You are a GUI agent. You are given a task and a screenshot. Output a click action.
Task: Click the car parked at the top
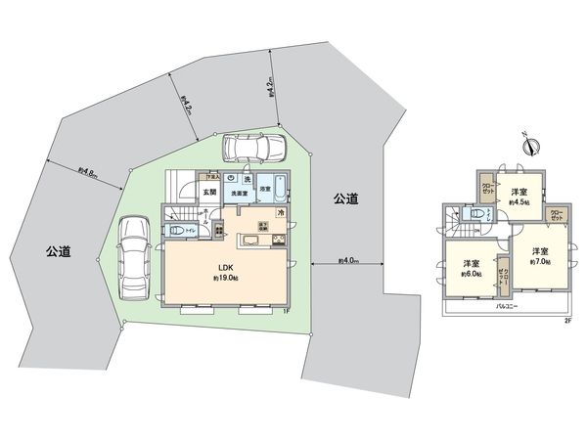pos(250,148)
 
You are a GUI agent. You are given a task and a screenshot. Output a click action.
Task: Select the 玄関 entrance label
pos(209,193)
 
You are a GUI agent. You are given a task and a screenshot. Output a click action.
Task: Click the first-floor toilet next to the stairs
pos(177,230)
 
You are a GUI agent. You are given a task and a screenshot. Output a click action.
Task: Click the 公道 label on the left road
pos(58,250)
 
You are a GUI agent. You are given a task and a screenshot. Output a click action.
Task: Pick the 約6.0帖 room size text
pos(471,275)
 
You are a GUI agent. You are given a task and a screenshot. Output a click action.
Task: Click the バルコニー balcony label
pos(506,308)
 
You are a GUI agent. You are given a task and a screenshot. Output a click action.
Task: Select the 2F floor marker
pos(566,320)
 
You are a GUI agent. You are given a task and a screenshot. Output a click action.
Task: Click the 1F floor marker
pos(286,311)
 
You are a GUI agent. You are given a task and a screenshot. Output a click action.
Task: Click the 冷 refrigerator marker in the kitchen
pos(281,213)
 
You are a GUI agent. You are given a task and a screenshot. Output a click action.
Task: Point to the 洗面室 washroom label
pos(241,194)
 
